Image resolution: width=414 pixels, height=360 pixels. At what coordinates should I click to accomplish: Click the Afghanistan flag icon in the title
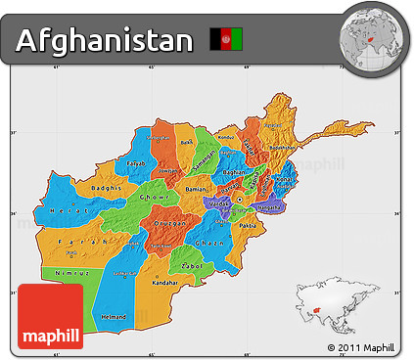point(226,40)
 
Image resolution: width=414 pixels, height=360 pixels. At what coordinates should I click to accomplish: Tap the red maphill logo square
point(51,315)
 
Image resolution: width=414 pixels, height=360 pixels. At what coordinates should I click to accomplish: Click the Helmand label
point(115,317)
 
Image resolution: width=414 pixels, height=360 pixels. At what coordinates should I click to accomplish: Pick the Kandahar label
point(165,282)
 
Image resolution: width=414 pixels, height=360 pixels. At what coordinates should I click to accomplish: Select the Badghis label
point(104,187)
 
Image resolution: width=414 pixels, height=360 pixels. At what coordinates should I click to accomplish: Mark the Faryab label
point(135,163)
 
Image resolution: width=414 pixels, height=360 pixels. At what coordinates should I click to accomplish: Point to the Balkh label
point(186,142)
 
